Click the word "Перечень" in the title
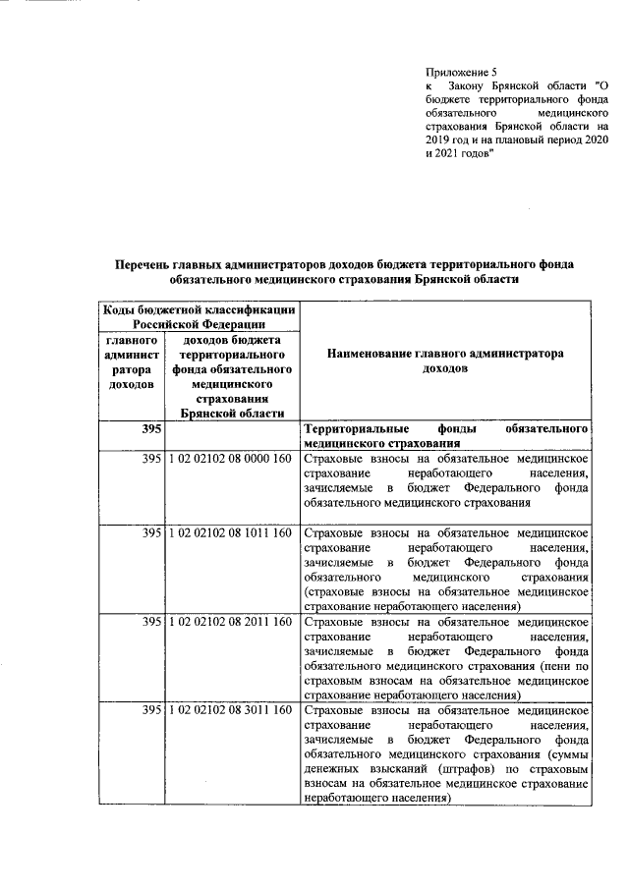pos(153,264)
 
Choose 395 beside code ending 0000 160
pos(150,459)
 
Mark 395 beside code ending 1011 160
pos(150,532)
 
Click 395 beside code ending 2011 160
pos(150,622)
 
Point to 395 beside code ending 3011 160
pos(150,710)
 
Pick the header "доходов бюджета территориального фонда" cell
pos(231,376)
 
